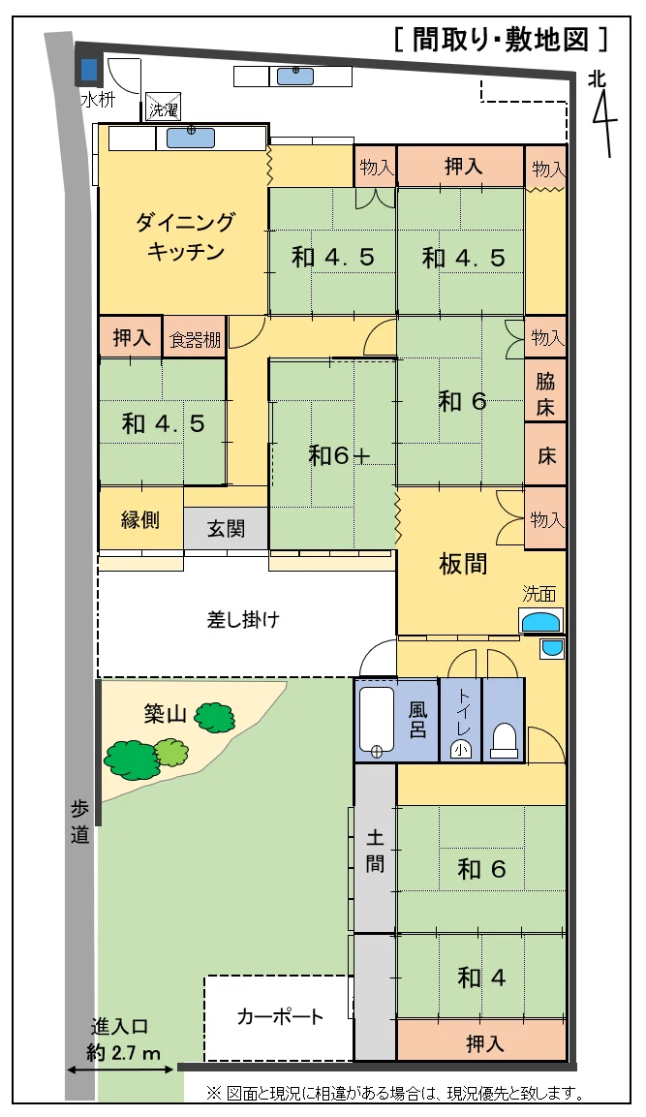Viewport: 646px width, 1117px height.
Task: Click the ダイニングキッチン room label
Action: [x=184, y=236]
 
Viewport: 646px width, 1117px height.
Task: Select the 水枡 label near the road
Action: [x=97, y=100]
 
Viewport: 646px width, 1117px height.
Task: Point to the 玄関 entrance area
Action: [x=226, y=528]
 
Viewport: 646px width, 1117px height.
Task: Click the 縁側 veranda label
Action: [x=140, y=520]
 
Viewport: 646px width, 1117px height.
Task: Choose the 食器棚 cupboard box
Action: [x=195, y=337]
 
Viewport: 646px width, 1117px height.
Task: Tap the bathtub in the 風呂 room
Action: [x=376, y=720]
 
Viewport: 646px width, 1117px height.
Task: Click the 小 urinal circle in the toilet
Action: [x=460, y=749]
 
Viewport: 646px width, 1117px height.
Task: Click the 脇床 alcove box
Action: [x=545, y=394]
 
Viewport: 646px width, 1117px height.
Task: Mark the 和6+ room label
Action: [x=339, y=454]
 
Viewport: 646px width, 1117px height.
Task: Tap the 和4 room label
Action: [x=481, y=977]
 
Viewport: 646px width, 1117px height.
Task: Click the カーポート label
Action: [x=280, y=1016]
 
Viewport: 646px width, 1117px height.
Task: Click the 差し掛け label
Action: [x=243, y=619]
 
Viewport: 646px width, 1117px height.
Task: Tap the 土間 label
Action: [x=376, y=851]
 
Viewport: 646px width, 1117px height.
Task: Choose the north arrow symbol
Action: [x=602, y=113]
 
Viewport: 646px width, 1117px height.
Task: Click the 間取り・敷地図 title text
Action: [x=501, y=40]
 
